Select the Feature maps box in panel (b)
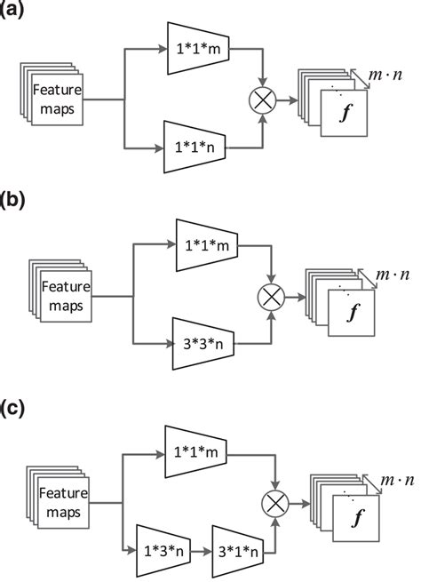[x=60, y=292]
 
